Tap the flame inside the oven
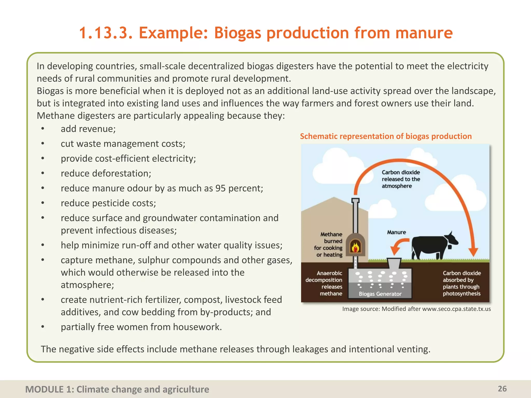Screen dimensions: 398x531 (x=355, y=247)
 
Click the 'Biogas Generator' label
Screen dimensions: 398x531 (x=380, y=294)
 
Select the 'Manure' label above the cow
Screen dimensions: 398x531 (x=396, y=232)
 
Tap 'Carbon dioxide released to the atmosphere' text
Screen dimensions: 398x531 (x=401, y=179)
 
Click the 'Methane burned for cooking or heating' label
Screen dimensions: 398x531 (x=329, y=244)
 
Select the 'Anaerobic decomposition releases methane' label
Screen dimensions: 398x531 (x=324, y=283)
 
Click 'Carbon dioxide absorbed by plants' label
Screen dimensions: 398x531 (x=462, y=283)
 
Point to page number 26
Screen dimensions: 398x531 (x=502, y=389)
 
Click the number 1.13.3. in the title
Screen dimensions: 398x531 (x=106, y=33)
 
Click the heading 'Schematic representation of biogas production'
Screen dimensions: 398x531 (x=386, y=136)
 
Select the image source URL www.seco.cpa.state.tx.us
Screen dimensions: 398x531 (x=456, y=309)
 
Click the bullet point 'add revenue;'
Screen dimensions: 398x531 (x=88, y=129)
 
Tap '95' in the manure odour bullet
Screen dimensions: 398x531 (x=220, y=188)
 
